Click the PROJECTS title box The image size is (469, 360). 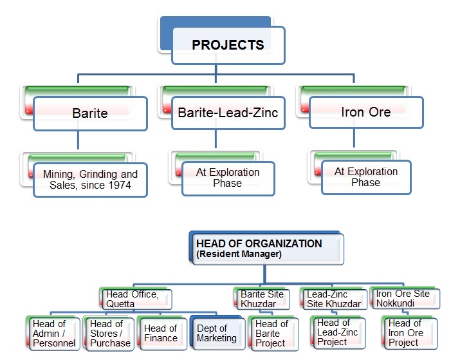[x=228, y=45]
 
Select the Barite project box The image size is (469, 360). [x=90, y=113]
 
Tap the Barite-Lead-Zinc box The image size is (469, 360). [x=228, y=113]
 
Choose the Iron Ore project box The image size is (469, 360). [x=366, y=112]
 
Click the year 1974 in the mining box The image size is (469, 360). [x=120, y=185]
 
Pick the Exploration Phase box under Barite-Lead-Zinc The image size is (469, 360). [x=228, y=178]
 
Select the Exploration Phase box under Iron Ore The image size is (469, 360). [x=366, y=177]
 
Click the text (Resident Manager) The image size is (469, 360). [x=239, y=254]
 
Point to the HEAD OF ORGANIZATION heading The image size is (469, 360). [x=259, y=243]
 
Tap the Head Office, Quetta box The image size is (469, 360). [x=136, y=299]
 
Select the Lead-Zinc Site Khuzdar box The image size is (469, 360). [x=334, y=299]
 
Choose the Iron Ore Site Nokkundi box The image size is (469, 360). [x=405, y=298]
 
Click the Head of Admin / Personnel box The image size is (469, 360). [x=54, y=334]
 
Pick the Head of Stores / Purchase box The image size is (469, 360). [x=109, y=334]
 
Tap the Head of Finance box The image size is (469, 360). [x=162, y=334]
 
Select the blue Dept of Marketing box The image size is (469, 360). [x=217, y=334]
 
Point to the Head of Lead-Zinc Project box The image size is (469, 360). [x=339, y=332]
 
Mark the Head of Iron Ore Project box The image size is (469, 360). [x=410, y=333]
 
